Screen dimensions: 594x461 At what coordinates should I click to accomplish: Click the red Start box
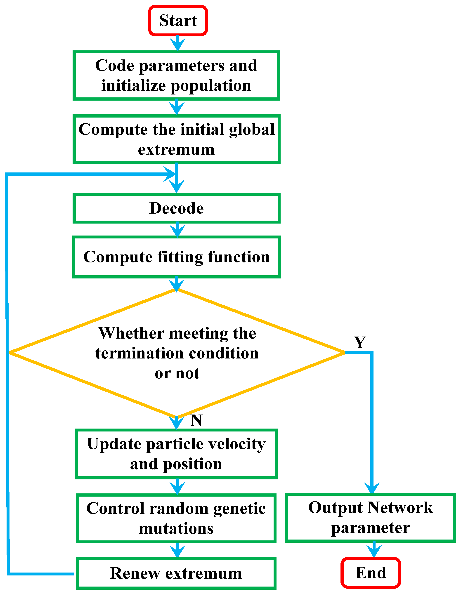coord(178,21)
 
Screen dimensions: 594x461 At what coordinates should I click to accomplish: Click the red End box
coord(371,573)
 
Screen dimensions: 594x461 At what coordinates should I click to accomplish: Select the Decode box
coord(176,208)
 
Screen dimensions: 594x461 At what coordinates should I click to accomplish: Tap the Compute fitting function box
coord(176,257)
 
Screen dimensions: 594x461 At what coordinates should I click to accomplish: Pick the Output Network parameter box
coord(370,518)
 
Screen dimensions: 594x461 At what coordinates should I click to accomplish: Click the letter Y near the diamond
coord(360,342)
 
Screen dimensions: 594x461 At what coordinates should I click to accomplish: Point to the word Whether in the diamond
coord(132,333)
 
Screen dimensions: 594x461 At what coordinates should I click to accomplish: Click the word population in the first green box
coord(211,86)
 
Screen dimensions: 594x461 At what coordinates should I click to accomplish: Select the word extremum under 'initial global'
coord(176,150)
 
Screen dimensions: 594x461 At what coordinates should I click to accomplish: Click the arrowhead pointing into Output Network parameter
coord(372,488)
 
